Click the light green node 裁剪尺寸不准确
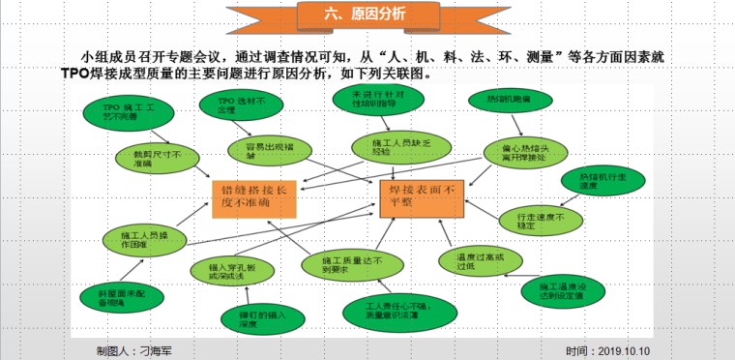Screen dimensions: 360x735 coord(150,156)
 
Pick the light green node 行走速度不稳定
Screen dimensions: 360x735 coord(548,220)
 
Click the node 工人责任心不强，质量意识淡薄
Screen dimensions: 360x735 coord(384,311)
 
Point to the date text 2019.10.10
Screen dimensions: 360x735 coord(627,351)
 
